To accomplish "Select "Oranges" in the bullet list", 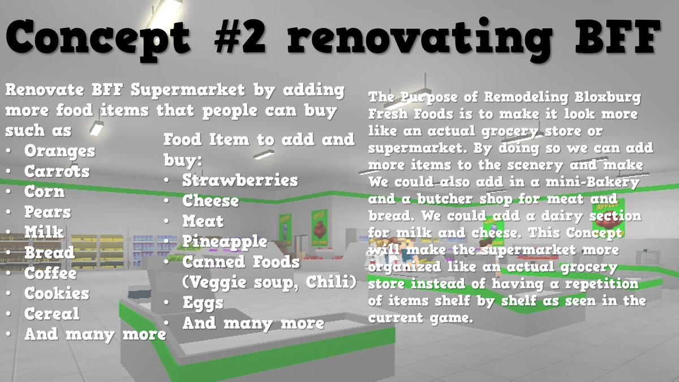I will point(59,151).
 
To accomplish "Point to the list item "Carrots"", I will point(57,171).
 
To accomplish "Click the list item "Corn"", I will point(44,192).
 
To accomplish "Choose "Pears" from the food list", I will point(48,212).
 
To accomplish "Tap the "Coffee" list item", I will point(50,273).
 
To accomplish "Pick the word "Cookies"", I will point(57,293).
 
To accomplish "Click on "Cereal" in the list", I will point(51,314).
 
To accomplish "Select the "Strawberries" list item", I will point(240,180).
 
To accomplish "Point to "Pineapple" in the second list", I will point(225,242).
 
